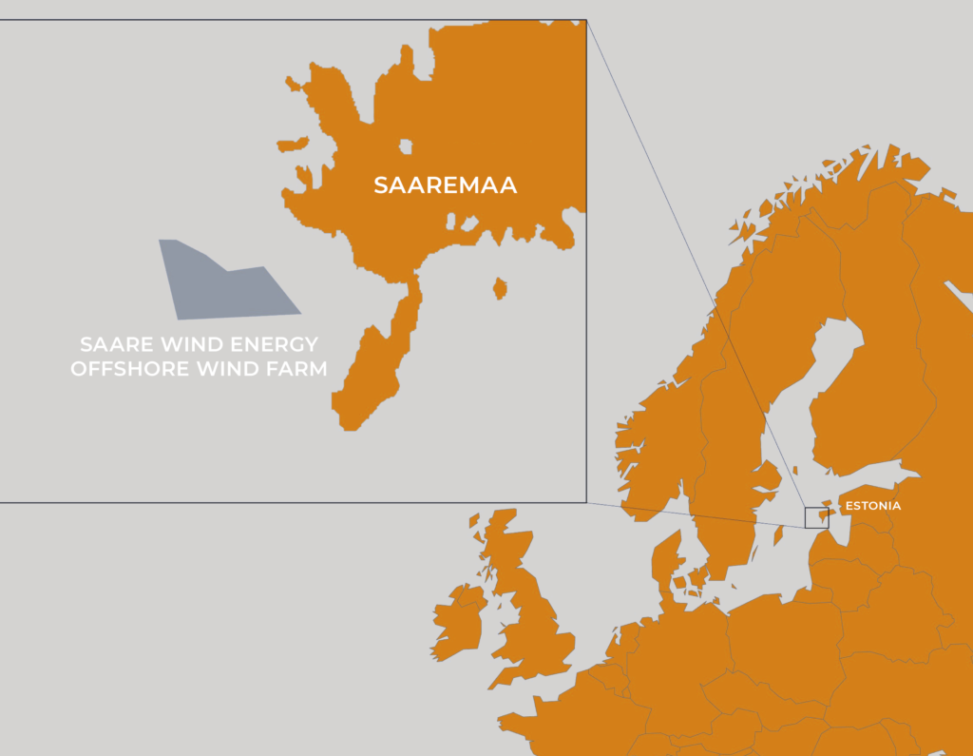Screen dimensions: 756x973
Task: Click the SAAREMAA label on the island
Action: pos(445,185)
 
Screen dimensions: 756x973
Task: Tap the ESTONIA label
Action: pos(872,506)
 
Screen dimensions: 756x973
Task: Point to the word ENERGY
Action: pos(268,343)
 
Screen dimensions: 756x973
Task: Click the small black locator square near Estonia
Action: pos(816,518)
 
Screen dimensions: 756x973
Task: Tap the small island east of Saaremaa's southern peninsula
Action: pos(499,287)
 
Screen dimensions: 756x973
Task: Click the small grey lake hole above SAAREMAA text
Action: pos(406,146)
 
